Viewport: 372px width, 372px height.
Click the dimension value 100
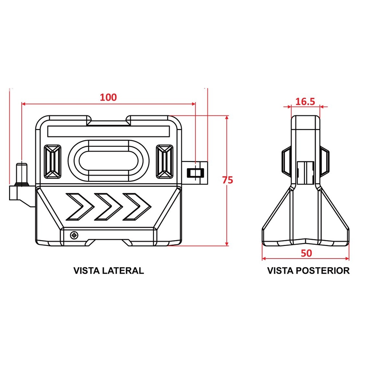point(108,97)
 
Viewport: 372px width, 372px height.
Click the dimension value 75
point(227,180)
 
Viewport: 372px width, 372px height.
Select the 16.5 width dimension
point(305,102)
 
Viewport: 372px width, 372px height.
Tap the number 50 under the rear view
point(306,253)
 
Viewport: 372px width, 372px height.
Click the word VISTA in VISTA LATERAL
point(86,271)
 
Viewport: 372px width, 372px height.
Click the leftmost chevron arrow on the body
point(80,207)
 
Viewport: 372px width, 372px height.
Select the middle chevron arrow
point(108,207)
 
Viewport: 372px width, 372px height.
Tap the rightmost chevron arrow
point(137,207)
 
